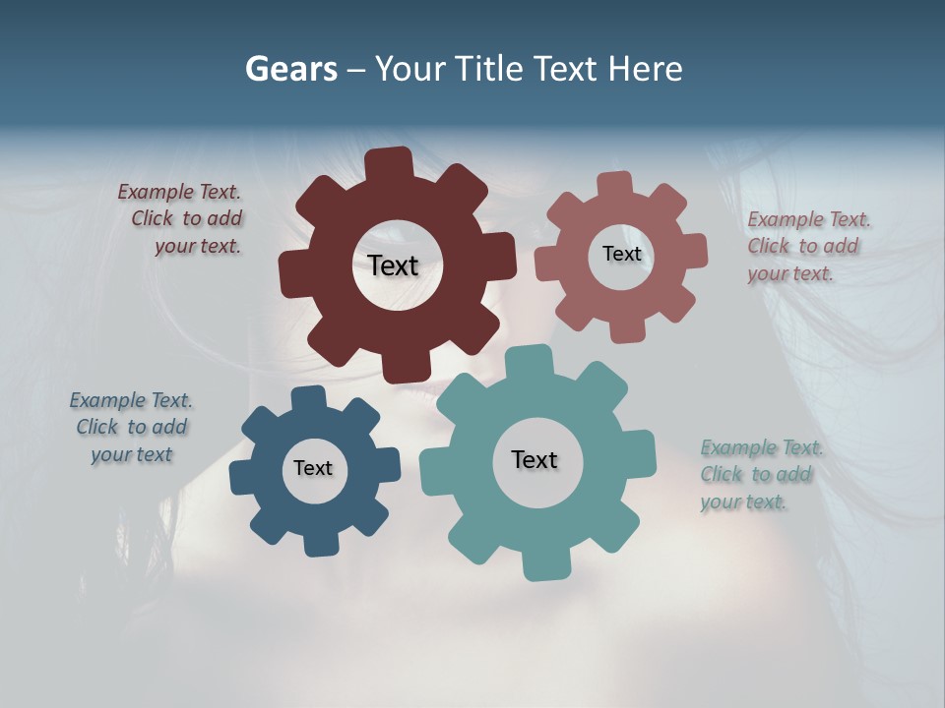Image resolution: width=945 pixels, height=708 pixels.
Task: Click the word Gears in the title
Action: (290, 69)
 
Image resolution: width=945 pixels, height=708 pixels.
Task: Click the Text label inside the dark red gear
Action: (393, 265)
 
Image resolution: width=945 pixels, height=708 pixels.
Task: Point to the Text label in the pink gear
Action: (621, 254)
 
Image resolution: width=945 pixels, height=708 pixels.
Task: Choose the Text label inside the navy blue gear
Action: (313, 468)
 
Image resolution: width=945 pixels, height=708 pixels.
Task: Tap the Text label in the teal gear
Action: (535, 459)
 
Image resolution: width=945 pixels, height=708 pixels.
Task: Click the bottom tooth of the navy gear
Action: (318, 544)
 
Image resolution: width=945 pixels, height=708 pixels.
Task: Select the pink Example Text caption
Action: (807, 246)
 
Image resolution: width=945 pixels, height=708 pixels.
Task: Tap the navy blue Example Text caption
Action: (131, 427)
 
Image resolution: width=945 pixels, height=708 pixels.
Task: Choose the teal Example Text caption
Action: (760, 474)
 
